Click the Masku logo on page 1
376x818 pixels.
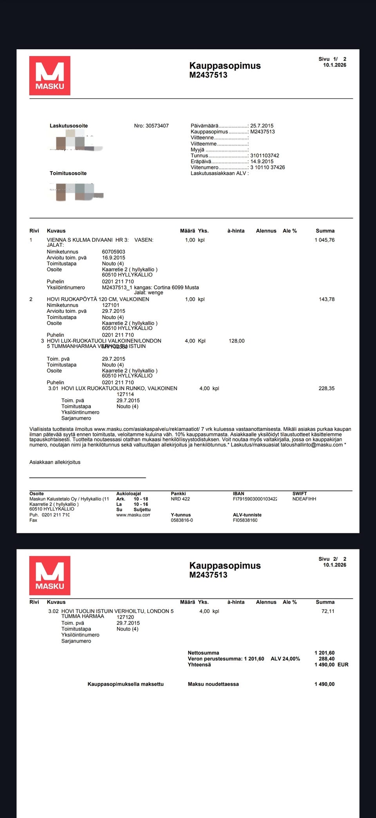[x=50, y=75]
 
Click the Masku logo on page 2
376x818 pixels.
[x=50, y=575]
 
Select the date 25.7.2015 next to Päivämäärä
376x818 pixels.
[x=262, y=126]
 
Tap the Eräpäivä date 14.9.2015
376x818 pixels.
[x=262, y=161]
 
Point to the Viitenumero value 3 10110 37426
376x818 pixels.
[x=268, y=167]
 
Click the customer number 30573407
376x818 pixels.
[x=157, y=126]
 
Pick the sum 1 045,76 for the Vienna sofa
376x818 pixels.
[x=324, y=240]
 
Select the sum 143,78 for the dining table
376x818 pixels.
[x=327, y=300]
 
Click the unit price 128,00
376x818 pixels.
[x=237, y=341]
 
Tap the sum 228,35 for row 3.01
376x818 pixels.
[x=327, y=389]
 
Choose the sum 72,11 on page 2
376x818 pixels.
[x=328, y=611]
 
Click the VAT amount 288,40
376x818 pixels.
[x=327, y=659]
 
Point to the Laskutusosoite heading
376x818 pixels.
[x=69, y=126]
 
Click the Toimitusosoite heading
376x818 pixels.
[x=68, y=173]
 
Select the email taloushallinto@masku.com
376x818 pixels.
[x=311, y=445]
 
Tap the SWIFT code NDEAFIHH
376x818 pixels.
[x=304, y=499]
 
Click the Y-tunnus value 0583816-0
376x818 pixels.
[x=182, y=520]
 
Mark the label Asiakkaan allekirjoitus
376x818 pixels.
[x=55, y=462]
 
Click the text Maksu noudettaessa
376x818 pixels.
[x=213, y=684]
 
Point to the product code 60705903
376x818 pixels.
[x=114, y=252]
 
